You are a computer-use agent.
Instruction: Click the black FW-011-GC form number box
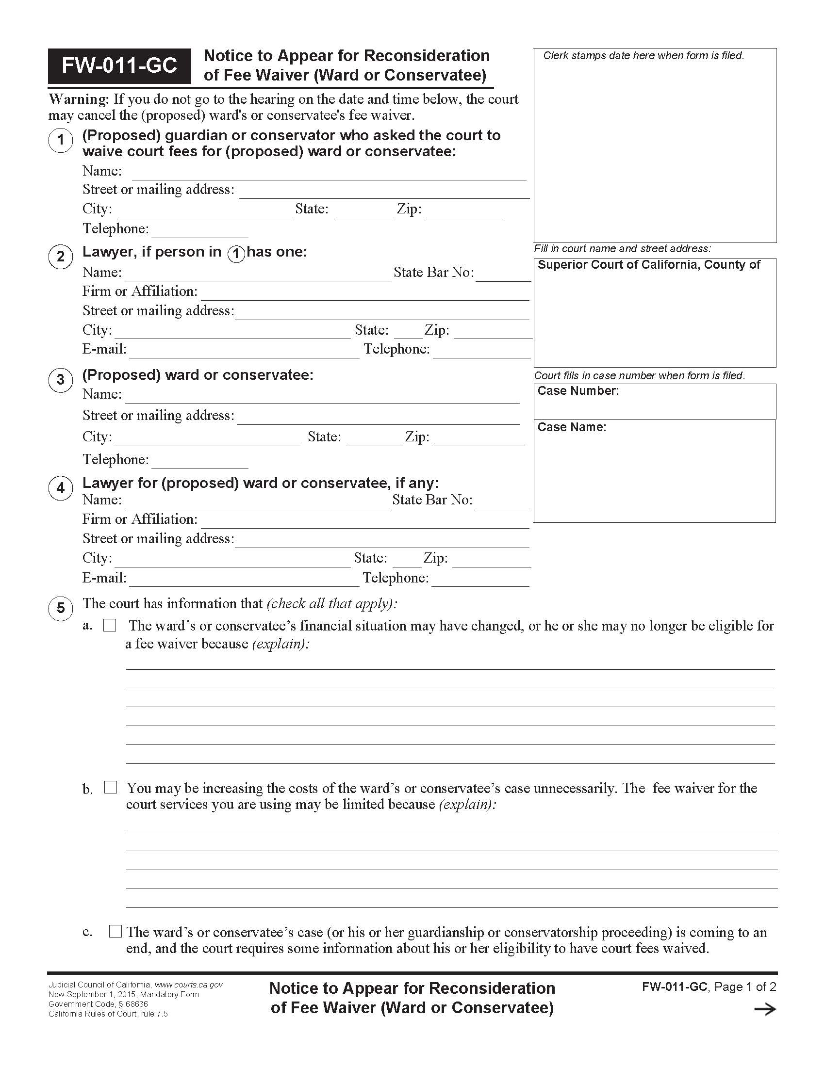coord(119,65)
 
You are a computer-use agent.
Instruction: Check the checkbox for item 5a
coord(110,625)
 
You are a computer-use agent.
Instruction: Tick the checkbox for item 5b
coord(111,787)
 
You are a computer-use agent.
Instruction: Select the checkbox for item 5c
coord(115,931)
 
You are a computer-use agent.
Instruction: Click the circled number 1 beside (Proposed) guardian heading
coord(61,140)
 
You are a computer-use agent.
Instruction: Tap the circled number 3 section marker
coord(61,380)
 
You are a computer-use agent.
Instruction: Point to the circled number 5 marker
coord(61,608)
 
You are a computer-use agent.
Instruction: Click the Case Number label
coord(577,391)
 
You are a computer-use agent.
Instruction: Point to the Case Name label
coord(571,427)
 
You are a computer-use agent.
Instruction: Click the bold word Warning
coord(78,99)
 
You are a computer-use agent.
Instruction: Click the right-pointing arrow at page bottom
coord(765,1009)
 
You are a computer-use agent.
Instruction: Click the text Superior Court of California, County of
coord(648,265)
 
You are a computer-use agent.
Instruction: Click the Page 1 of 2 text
coord(745,987)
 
